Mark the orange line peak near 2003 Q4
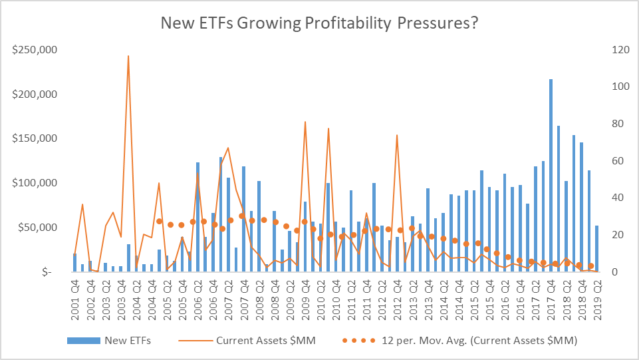coord(128,57)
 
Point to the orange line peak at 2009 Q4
coord(305,122)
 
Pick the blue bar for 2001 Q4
coord(74,262)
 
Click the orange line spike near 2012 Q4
coord(397,136)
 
